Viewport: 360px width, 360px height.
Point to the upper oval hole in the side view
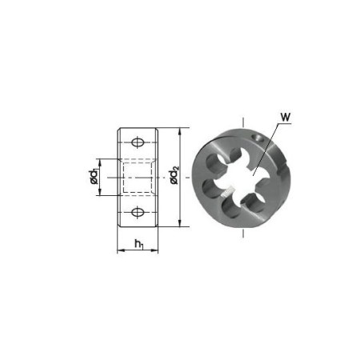(x=138, y=142)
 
